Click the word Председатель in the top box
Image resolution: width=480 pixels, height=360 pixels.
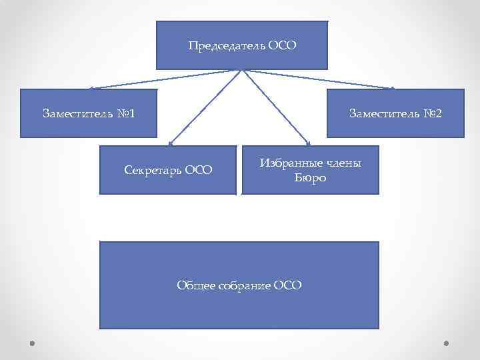[x=227, y=47]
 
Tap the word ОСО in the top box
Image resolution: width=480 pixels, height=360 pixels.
[x=282, y=47]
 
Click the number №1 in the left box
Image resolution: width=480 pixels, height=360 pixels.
[x=125, y=113]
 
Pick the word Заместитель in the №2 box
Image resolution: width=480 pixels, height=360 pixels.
[x=384, y=113]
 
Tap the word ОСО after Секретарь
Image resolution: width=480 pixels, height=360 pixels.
[x=199, y=170]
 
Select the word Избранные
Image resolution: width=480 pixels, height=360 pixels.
[x=290, y=163]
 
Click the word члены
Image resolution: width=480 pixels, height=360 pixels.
[x=342, y=163]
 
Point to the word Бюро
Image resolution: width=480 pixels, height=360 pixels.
[x=311, y=178]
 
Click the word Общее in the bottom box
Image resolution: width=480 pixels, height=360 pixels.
[x=196, y=285]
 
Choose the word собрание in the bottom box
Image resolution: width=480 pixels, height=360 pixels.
[x=244, y=285]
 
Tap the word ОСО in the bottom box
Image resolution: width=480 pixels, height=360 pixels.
[x=287, y=285]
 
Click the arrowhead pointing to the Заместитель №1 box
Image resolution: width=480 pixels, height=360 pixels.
[x=91, y=88]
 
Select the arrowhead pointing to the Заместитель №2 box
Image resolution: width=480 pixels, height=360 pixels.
[x=393, y=88]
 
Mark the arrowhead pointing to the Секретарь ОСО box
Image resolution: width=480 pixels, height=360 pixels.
[x=171, y=143]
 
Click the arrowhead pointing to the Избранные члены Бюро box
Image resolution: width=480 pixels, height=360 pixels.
[x=308, y=143]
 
